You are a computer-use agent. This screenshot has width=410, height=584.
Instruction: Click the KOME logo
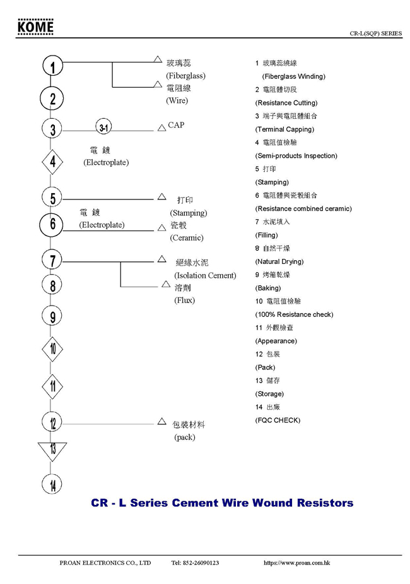[36, 27]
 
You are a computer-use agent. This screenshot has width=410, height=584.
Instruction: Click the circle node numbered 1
[53, 67]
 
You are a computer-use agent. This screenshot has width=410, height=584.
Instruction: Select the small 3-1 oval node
[104, 128]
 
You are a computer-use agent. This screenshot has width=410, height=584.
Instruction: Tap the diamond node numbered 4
[53, 162]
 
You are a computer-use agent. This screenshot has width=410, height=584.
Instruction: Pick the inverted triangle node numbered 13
[53, 449]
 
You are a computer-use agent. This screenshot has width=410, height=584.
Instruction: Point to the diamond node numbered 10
[53, 349]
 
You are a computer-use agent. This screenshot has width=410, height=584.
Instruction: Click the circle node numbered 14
[53, 484]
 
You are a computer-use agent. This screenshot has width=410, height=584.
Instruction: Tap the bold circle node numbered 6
[53, 223]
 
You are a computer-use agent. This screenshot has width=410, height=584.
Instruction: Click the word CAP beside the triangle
[176, 126]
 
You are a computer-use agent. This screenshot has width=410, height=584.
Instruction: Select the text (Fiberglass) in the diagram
[185, 76]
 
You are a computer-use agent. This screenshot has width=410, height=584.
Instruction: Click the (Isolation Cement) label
[205, 275]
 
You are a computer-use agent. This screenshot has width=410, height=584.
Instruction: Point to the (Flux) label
[185, 301]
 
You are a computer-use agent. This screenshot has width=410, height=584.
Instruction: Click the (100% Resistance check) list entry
[294, 314]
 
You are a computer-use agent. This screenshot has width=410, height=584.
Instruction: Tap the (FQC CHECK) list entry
[278, 420]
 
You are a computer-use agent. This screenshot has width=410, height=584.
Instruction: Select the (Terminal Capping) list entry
[284, 129]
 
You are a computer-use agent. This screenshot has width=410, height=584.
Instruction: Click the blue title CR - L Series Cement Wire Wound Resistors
[222, 503]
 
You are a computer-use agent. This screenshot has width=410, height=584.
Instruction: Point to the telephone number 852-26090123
[195, 563]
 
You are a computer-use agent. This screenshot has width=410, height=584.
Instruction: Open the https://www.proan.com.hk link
[296, 563]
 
